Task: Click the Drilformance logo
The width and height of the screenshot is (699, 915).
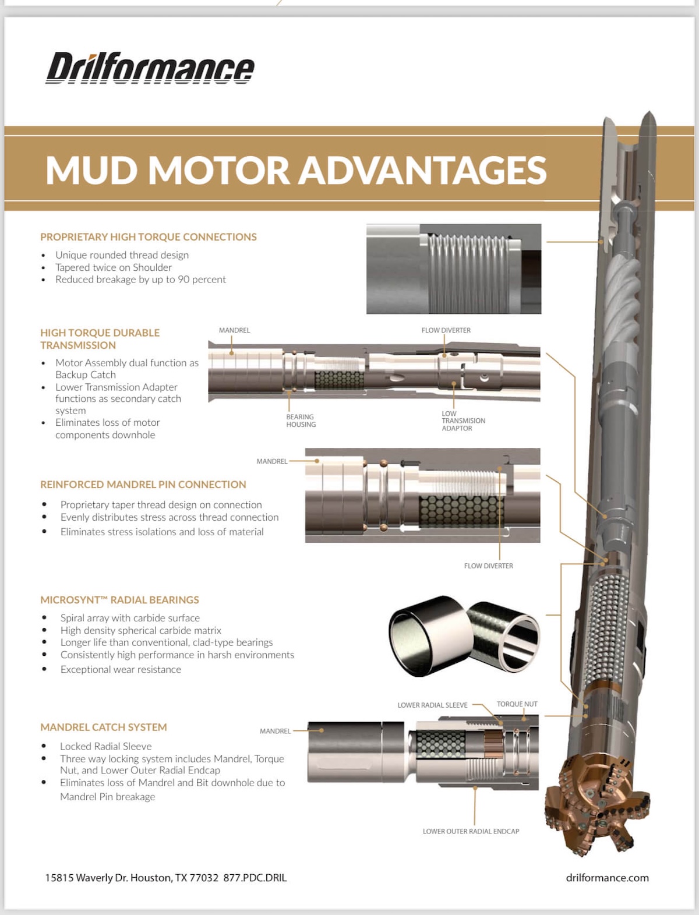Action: [150, 69]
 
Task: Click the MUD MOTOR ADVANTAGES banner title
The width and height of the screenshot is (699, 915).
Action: [296, 170]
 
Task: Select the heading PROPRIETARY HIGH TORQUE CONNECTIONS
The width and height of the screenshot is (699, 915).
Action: [149, 237]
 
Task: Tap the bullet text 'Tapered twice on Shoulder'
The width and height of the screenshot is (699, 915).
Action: [114, 267]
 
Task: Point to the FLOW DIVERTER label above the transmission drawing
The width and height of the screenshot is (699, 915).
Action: [446, 330]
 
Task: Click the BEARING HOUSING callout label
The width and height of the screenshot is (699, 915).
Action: [301, 421]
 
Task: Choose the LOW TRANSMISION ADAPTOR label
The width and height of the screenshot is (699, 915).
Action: [463, 421]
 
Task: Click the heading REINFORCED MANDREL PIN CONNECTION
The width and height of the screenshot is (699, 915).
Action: [143, 485]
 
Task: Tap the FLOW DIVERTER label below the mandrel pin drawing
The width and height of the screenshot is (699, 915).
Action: [488, 566]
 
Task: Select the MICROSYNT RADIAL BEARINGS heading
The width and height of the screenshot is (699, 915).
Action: [119, 600]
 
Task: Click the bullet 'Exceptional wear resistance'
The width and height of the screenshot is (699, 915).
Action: [121, 670]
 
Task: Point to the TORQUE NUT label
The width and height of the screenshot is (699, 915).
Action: [517, 704]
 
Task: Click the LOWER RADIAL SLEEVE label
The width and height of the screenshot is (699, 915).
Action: [432, 705]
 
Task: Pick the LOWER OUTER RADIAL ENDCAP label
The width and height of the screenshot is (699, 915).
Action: [471, 831]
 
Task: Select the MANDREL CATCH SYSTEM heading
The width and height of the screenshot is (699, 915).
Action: [104, 727]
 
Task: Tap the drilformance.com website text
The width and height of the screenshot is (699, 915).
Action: [607, 878]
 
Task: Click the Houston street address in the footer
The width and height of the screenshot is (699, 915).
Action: [132, 878]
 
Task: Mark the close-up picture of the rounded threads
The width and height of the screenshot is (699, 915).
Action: [454, 269]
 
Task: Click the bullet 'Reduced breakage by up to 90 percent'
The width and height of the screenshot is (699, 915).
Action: [140, 280]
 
